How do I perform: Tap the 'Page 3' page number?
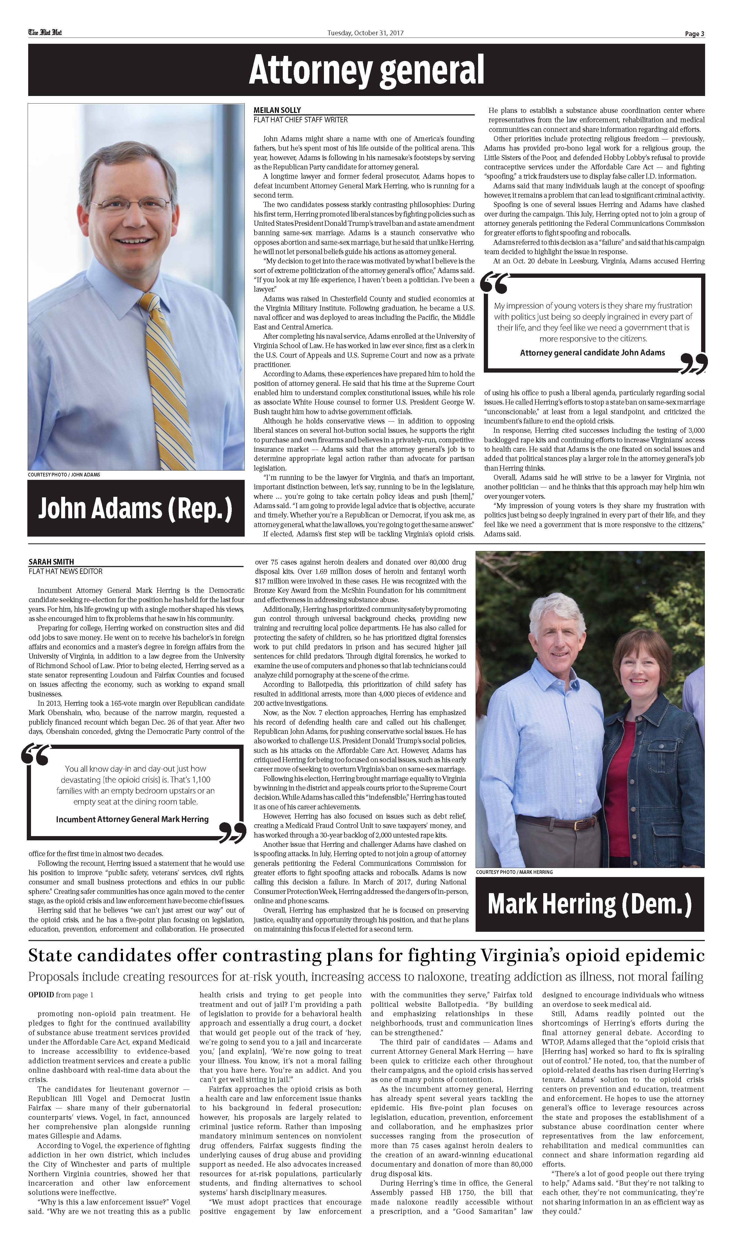[694, 34]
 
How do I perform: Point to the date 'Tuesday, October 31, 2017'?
[365, 33]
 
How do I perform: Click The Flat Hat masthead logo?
[45, 33]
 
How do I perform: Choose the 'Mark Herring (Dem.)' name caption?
[589, 904]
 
